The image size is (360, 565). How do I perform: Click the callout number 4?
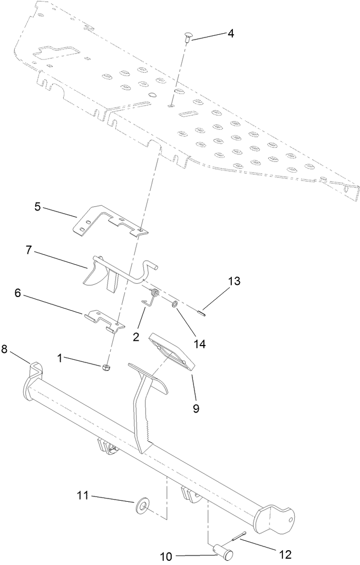[230, 33]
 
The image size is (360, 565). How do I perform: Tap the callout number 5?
[37, 206]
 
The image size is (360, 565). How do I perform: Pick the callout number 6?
[17, 293]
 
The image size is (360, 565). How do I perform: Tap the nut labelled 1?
[105, 367]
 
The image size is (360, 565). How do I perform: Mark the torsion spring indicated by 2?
[151, 297]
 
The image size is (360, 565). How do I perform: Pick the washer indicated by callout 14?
[174, 305]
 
